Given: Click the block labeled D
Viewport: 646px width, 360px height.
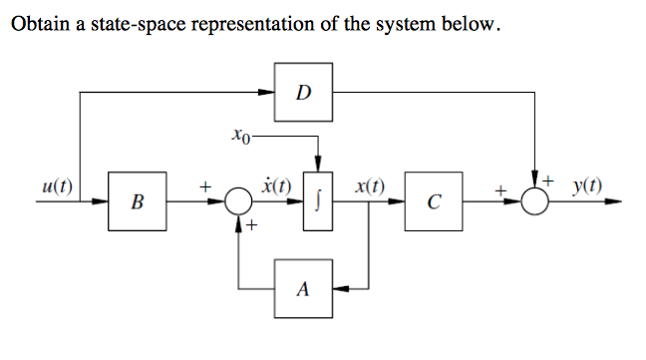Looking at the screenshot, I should point(304,93).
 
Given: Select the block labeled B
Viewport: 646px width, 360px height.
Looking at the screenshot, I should point(137,203).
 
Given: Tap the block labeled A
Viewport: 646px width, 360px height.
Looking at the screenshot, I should point(303,291).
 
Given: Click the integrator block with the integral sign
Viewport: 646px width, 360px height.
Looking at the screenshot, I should point(318,203).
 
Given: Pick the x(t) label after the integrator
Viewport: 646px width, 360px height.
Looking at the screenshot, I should point(370,186).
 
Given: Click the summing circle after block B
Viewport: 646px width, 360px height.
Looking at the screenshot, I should point(238,202).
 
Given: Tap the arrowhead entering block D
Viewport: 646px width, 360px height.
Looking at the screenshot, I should point(269,93).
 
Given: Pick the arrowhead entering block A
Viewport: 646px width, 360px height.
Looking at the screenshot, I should point(339,290).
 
